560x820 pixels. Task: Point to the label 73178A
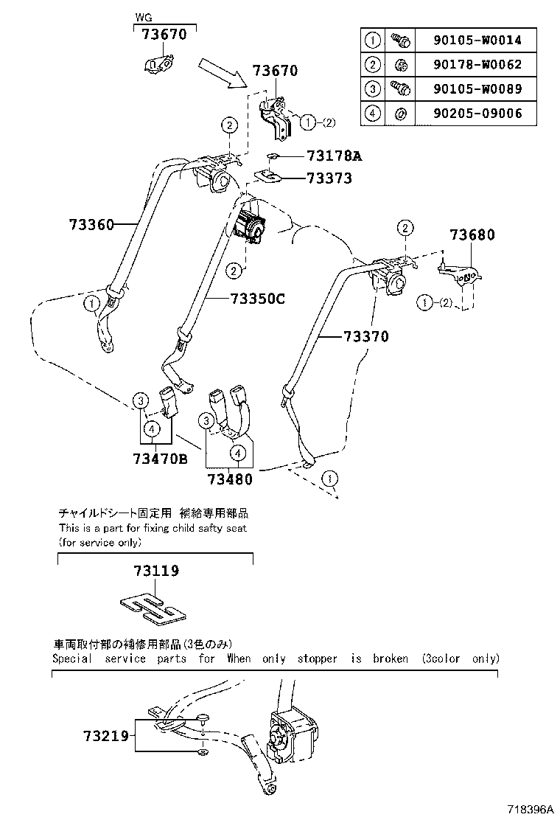coord(336,156)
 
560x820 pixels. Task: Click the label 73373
coord(329,178)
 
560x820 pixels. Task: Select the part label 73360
coord(92,224)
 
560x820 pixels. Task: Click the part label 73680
coord(472,235)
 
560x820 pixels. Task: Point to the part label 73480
coord(229,479)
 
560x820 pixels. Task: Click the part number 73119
coord(156,571)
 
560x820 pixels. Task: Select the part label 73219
coord(105,735)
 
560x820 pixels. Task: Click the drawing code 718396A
coord(528,810)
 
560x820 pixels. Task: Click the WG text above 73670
coord(142,15)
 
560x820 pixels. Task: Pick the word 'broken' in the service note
coord(390,659)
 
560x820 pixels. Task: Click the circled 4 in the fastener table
coord(373,113)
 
